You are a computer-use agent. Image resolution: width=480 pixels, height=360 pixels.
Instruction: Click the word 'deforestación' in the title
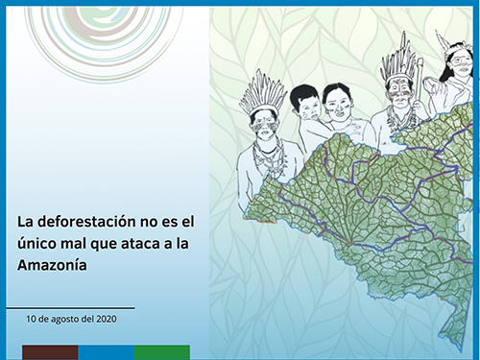[82, 222]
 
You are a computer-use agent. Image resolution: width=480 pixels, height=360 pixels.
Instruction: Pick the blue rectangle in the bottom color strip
[106, 351]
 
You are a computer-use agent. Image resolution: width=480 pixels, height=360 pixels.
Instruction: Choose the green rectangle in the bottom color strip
[161, 351]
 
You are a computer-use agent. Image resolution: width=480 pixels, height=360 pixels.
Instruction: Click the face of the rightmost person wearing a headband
[459, 67]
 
